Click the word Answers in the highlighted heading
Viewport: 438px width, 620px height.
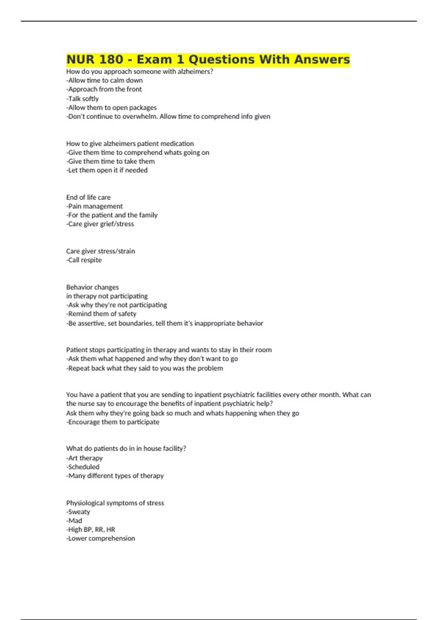(322, 59)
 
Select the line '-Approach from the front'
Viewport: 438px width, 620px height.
(104, 89)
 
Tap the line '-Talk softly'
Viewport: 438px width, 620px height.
(82, 98)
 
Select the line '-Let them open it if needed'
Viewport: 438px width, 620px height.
(107, 170)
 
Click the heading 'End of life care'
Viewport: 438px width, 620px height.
(88, 197)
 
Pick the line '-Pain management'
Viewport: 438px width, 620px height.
(95, 206)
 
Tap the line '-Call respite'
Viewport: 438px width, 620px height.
(84, 260)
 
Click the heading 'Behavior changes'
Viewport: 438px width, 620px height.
(92, 287)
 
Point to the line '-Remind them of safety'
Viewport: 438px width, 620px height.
(101, 314)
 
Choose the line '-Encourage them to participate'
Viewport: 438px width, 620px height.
(113, 422)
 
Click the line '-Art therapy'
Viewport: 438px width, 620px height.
(84, 458)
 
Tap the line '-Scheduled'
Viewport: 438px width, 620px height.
(83, 467)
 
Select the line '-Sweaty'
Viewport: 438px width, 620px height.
(78, 512)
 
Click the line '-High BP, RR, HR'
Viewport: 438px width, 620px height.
(91, 530)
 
